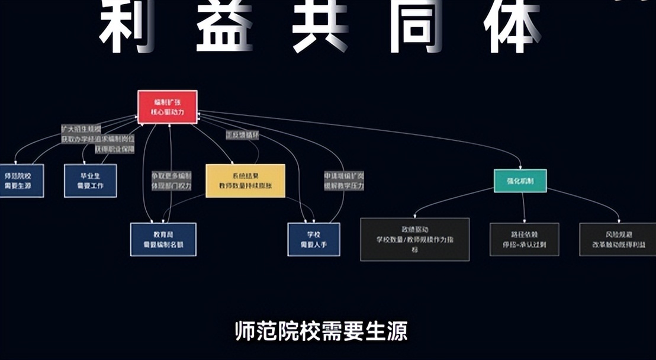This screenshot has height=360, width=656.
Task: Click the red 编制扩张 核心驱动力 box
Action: pyautogui.click(x=167, y=107)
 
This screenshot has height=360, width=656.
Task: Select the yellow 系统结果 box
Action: pyautogui.click(x=245, y=181)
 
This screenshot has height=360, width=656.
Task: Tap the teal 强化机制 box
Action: pyautogui.click(x=520, y=181)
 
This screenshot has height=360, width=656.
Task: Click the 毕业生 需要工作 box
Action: pyautogui.click(x=91, y=181)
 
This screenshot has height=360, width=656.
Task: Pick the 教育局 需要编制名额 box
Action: pyautogui.click(x=163, y=239)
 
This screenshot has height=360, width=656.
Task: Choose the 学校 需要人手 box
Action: pyautogui.click(x=314, y=239)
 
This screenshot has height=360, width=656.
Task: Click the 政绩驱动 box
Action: pyautogui.click(x=414, y=239)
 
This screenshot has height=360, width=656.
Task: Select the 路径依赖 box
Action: pyautogui.click(x=524, y=239)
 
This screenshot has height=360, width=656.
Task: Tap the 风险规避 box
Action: pyautogui.click(x=617, y=239)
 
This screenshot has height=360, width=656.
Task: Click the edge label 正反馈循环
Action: pyautogui.click(x=243, y=135)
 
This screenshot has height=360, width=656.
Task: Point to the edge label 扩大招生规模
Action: pyautogui.click(x=81, y=128)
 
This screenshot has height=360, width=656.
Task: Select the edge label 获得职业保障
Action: pyautogui.click(x=114, y=149)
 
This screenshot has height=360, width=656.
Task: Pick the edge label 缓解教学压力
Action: pyautogui.click(x=343, y=185)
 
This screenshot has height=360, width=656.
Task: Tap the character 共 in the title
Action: pyautogui.click(x=320, y=27)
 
